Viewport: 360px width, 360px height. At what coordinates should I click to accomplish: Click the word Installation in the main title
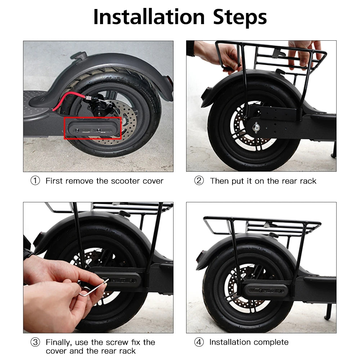pyautogui.click(x=149, y=17)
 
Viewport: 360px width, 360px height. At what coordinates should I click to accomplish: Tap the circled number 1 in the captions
pyautogui.click(x=35, y=181)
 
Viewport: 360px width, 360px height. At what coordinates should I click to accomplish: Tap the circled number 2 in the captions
pyautogui.click(x=199, y=181)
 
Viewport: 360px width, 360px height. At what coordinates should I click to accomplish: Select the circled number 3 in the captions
pyautogui.click(x=35, y=342)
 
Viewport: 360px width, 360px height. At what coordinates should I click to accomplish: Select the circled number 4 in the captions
pyautogui.click(x=199, y=342)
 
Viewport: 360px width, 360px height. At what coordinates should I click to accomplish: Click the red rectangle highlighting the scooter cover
pyautogui.click(x=93, y=128)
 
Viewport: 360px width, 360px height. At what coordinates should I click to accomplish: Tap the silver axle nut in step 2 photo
pyautogui.click(x=256, y=127)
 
